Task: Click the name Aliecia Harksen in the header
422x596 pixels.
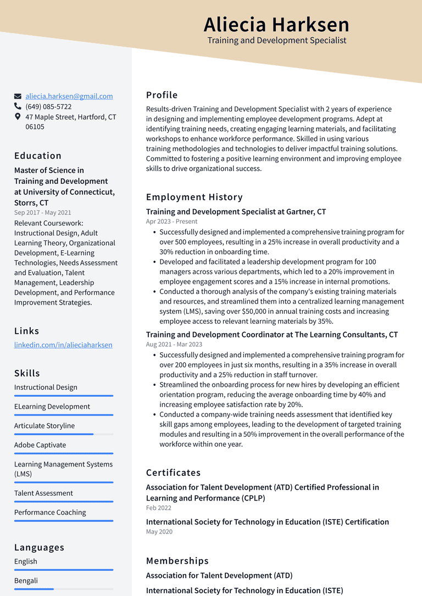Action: [276, 25]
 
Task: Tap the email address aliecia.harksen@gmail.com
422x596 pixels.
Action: [69, 96]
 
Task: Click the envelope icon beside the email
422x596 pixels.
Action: [18, 96]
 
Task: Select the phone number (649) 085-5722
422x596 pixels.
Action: [48, 106]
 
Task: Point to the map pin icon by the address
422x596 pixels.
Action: [18, 117]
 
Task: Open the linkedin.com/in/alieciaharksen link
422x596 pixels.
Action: [63, 345]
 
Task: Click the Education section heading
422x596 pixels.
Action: [38, 155]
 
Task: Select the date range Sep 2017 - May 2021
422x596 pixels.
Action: [42, 212]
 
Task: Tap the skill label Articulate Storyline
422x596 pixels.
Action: [45, 426]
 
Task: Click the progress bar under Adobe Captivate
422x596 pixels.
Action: [64, 453]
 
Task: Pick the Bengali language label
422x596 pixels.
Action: [26, 581]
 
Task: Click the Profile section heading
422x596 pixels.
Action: [162, 95]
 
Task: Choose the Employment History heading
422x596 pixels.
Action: [194, 197]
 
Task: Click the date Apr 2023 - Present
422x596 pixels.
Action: [171, 222]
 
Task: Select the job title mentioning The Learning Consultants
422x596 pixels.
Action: [272, 335]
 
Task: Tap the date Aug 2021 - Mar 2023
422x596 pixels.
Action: [174, 345]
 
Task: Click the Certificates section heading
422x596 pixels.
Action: [173, 473]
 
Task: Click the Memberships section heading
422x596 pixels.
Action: [177, 561]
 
